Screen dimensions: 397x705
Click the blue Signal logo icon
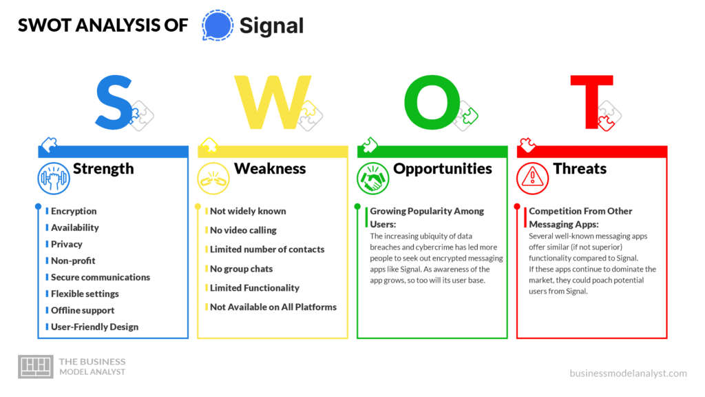[217, 26]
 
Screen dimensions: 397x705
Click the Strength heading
[103, 169]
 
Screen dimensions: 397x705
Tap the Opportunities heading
[443, 169]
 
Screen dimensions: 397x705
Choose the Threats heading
[580, 169]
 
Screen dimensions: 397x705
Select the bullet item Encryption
[74, 211]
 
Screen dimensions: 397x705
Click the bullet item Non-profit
[73, 261]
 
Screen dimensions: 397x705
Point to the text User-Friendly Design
[94, 327]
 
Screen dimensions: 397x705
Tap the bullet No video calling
[243, 230]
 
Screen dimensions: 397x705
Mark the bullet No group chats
[241, 269]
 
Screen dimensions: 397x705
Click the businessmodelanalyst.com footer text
[628, 373]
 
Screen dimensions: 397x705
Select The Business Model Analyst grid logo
[35, 367]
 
